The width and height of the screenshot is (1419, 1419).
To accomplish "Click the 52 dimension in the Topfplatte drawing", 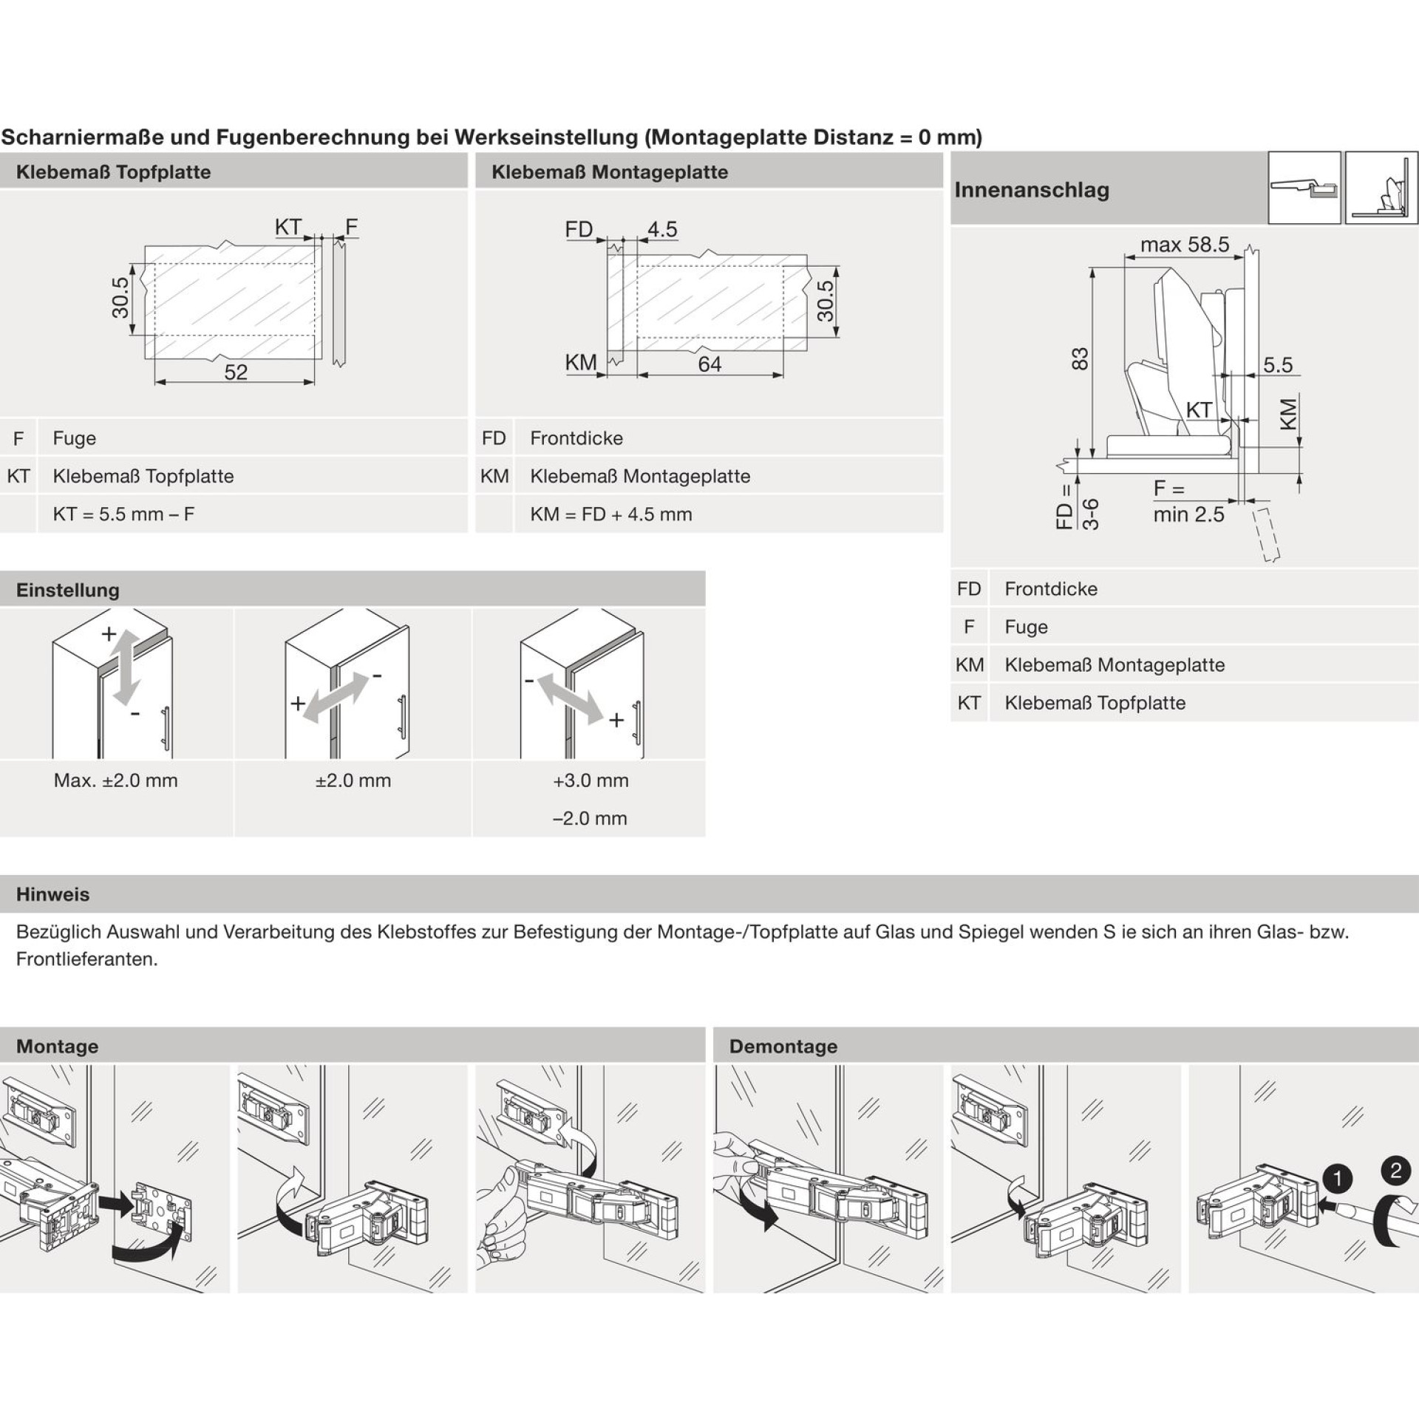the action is point(236,372).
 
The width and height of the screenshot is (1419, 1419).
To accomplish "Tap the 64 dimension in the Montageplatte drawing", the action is point(709,364).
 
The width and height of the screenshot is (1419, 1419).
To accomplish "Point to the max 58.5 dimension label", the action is point(1185,245).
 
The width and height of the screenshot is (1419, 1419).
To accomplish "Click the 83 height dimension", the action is point(1080,359).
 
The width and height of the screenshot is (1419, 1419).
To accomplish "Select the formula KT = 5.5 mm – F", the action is point(123,514).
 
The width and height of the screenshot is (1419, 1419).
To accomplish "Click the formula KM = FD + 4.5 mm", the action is point(611,514).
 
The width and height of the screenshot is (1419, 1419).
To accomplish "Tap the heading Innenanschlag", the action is point(1032,190).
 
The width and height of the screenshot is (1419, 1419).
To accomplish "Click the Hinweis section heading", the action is point(53,894).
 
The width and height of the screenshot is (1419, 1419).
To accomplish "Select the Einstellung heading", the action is point(68,590).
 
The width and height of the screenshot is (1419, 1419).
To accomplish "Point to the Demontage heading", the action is point(783,1046).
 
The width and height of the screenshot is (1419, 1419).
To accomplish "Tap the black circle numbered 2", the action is point(1395,1171).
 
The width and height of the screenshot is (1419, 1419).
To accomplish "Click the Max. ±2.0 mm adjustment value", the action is point(116,780).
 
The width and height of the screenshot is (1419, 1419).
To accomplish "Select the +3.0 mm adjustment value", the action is point(591,780).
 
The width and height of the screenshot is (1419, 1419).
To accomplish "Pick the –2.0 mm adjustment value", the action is point(590,818).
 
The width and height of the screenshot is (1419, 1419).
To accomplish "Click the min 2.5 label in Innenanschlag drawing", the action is point(1189,514).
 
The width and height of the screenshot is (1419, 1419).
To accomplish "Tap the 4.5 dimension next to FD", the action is point(662,229).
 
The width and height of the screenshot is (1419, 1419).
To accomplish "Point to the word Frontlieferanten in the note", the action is point(87,960).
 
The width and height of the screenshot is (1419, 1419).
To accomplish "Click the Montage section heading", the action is point(57,1046).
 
